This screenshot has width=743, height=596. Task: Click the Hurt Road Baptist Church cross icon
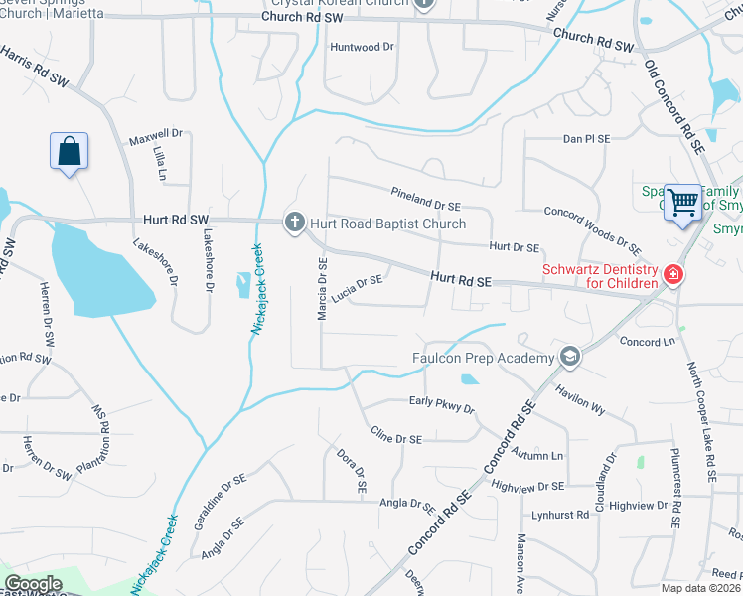(294, 223)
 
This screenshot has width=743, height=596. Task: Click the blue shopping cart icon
(682, 202)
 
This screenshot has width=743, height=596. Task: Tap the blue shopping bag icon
(69, 152)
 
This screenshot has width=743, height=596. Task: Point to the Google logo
(33, 583)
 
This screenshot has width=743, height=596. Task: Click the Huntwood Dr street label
(362, 47)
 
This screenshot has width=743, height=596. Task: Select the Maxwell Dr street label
(156, 133)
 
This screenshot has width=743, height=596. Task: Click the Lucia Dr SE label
(358, 287)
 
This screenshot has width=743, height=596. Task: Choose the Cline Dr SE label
(396, 437)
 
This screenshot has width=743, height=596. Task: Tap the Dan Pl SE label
(586, 140)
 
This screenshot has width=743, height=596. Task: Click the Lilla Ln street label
(159, 161)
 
